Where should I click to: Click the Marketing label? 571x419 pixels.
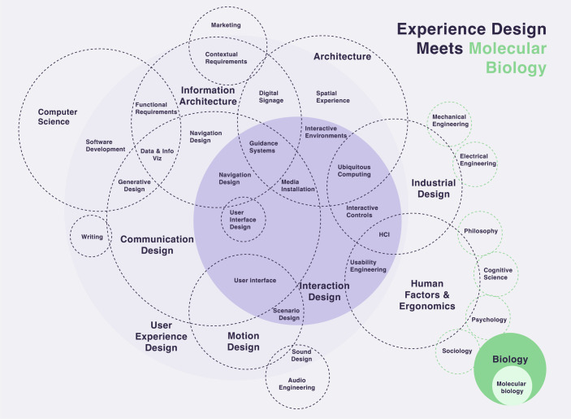(226, 25)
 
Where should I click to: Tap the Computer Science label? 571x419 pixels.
(58, 116)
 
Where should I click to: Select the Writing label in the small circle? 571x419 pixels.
(92, 237)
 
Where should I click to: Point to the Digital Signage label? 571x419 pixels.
(271, 97)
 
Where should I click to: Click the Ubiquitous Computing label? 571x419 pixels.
(354, 171)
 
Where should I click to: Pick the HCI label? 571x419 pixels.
(384, 234)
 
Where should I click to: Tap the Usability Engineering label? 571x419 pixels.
(368, 266)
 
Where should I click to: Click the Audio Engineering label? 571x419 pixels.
(296, 384)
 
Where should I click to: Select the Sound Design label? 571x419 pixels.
(301, 356)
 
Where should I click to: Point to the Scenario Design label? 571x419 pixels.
(287, 314)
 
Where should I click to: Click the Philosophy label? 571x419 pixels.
(481, 231)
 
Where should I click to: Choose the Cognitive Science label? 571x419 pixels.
(498, 273)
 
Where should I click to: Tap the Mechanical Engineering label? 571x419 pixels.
(450, 120)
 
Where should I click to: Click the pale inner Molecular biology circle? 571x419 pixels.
(512, 386)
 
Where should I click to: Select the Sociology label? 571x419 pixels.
(457, 351)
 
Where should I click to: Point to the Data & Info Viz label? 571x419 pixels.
(157, 155)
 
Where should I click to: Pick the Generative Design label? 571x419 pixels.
(134, 185)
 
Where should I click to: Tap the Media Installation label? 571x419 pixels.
(298, 185)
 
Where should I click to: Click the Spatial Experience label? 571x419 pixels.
(333, 97)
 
